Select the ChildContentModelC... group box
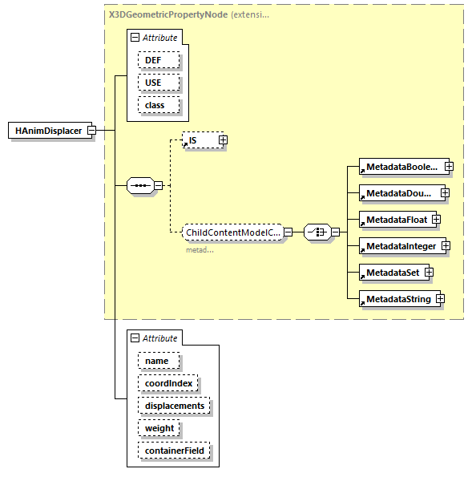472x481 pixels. click(x=232, y=232)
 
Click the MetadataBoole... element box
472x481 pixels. click(x=401, y=167)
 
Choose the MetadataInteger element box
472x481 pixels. click(x=400, y=245)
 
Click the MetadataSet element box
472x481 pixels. click(x=392, y=273)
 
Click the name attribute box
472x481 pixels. click(x=158, y=361)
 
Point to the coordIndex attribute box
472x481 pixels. click(x=167, y=383)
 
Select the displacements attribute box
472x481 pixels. click(x=173, y=406)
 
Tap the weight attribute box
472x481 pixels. click(x=159, y=428)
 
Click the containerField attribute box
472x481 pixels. click(x=173, y=451)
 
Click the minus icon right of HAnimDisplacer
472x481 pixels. click(x=91, y=130)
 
